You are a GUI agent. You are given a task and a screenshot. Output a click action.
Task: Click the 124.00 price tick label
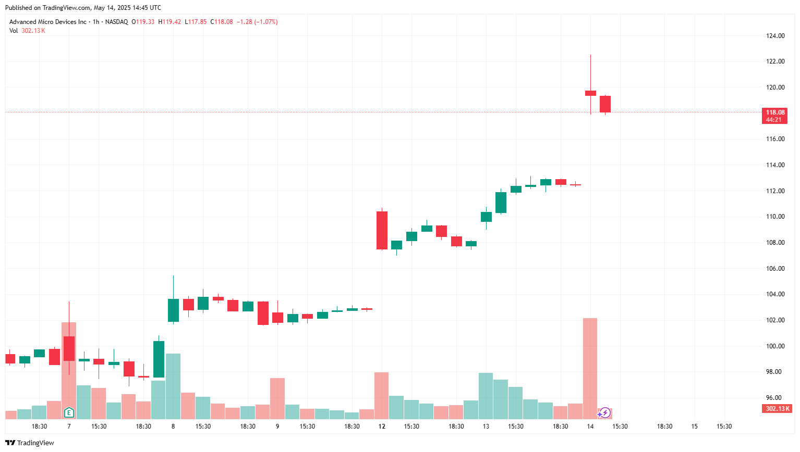[775, 36]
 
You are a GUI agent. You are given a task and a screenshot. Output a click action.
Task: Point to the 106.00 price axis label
[775, 268]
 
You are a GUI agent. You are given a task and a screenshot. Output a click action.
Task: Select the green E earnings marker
[69, 413]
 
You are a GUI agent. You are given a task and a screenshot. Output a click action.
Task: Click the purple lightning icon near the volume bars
[604, 413]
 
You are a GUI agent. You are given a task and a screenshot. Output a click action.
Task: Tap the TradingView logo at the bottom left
[30, 443]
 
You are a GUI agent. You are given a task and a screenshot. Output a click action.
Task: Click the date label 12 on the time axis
[382, 426]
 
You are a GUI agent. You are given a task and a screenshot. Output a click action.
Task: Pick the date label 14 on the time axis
[590, 426]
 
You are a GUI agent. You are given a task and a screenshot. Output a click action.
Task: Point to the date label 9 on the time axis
[277, 426]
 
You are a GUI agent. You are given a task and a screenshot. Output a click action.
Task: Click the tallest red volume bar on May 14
[590, 369]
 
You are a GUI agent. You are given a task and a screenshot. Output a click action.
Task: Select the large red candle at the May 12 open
[382, 231]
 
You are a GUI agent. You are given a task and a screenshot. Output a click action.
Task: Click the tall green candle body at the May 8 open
[173, 310]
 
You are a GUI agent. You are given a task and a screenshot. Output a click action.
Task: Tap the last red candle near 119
[605, 104]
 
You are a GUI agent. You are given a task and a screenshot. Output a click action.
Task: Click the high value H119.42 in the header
[169, 22]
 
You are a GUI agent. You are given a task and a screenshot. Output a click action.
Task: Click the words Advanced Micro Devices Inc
[48, 22]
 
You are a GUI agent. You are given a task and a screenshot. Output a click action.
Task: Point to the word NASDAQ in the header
[116, 22]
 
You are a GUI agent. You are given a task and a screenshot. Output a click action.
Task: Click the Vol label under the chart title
[13, 31]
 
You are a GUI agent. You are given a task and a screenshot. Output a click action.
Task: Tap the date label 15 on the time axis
[694, 426]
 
